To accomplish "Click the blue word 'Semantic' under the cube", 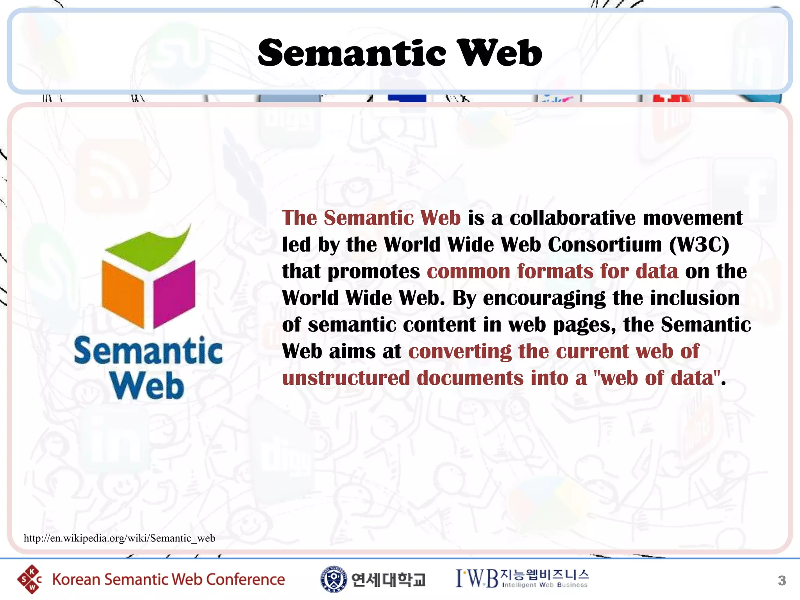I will pos(148,351).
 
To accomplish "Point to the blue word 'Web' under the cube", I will pos(147,386).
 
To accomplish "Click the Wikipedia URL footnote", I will pos(119,538).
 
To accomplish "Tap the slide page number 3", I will pos(782,580).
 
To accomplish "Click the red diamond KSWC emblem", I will pos(30,579).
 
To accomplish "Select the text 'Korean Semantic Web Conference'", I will pos(168,579).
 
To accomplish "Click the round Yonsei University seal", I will pos(333,579).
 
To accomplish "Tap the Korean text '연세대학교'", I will pos(388,580).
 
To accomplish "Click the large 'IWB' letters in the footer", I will pos(477,579).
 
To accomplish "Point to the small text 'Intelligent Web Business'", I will pos(545,585).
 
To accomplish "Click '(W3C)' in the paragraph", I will pos(699,245).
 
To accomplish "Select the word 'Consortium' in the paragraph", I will pos(605,245).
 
